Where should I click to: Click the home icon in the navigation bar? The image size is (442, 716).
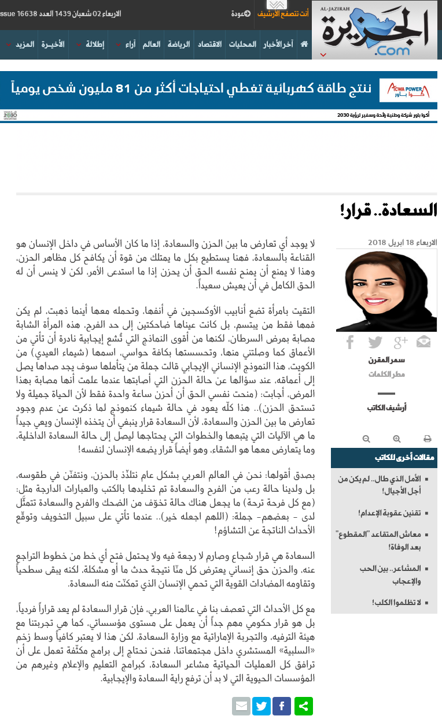click(304, 44)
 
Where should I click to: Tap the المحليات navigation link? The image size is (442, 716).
click(242, 44)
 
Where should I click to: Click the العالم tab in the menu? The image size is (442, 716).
click(152, 44)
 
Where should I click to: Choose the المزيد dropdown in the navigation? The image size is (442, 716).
click(23, 44)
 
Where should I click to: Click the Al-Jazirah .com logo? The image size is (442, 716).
click(375, 29)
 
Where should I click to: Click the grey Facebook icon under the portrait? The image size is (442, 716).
click(350, 342)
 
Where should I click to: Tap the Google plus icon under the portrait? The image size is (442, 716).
click(400, 342)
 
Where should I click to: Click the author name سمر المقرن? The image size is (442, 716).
click(386, 360)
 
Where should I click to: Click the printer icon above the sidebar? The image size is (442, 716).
click(427, 439)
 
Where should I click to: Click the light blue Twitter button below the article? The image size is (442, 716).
click(261, 706)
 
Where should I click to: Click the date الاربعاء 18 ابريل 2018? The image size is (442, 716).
click(403, 242)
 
